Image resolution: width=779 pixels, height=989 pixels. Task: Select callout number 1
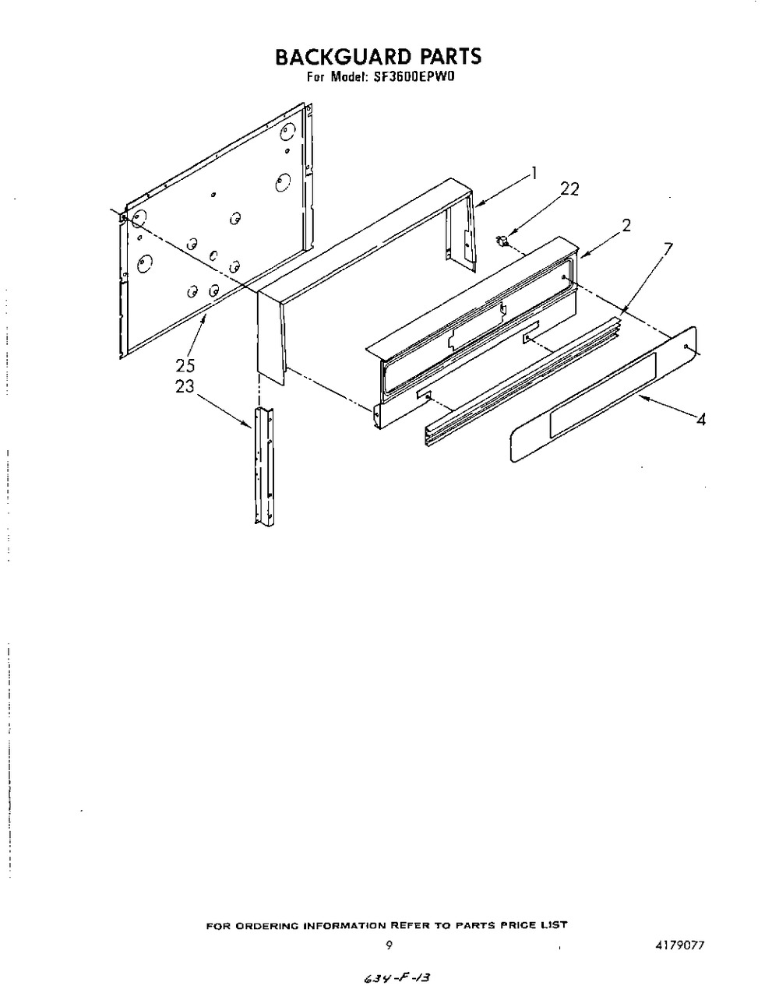534,173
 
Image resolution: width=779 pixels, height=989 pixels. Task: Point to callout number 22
569,189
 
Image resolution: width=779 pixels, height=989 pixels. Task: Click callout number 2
626,225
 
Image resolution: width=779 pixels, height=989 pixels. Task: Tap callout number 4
701,419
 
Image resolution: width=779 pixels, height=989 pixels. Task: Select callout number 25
185,365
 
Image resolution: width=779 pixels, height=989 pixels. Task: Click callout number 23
185,386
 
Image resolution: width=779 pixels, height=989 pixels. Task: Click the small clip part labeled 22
502,241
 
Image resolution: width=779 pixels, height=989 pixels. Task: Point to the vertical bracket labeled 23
263,466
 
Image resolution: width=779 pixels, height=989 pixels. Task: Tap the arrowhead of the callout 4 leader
641,397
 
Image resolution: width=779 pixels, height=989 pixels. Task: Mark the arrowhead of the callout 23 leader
249,425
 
